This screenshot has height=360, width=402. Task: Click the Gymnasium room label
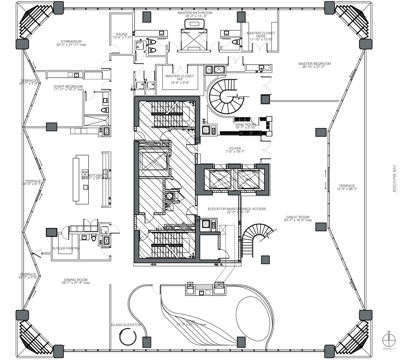pyautogui.click(x=71, y=41)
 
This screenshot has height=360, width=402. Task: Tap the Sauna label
pyautogui.click(x=122, y=34)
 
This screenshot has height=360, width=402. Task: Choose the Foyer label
pyautogui.click(x=235, y=149)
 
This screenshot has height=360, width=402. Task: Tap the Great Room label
pyautogui.click(x=298, y=217)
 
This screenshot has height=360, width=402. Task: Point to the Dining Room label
pyautogui.click(x=76, y=280)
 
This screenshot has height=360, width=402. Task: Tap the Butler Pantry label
pyautogui.click(x=65, y=248)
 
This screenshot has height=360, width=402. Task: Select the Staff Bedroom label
pyautogui.click(x=68, y=87)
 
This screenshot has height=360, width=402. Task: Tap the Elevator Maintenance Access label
pyautogui.click(x=237, y=209)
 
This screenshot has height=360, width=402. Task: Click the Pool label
pyautogui.click(x=191, y=322)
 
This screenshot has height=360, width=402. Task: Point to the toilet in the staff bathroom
pyautogui.click(x=105, y=110)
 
